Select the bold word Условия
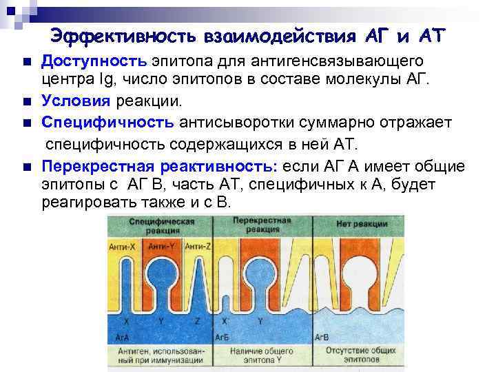pos(75,102)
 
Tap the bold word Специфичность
pos(107,123)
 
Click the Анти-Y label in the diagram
pos(162,246)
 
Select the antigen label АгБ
pos(222,337)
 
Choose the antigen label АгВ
pos(321,338)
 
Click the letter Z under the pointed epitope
pos(198,321)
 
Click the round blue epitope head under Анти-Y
pos(163,276)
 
